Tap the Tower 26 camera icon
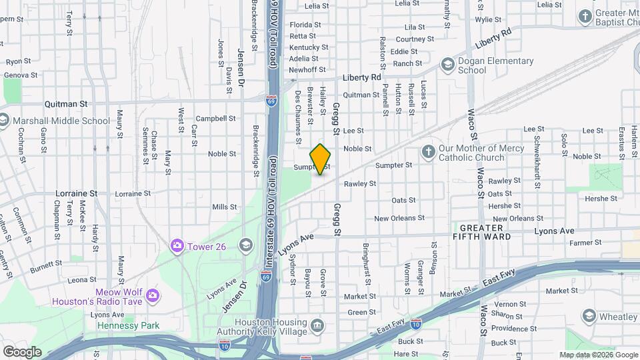(x=177, y=247)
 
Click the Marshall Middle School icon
(x=4, y=121)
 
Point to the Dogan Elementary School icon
(x=447, y=65)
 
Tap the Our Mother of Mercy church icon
(x=428, y=153)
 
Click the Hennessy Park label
(x=128, y=325)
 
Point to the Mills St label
(x=225, y=207)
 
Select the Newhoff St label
(x=307, y=69)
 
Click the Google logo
(x=22, y=351)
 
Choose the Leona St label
(x=82, y=280)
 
